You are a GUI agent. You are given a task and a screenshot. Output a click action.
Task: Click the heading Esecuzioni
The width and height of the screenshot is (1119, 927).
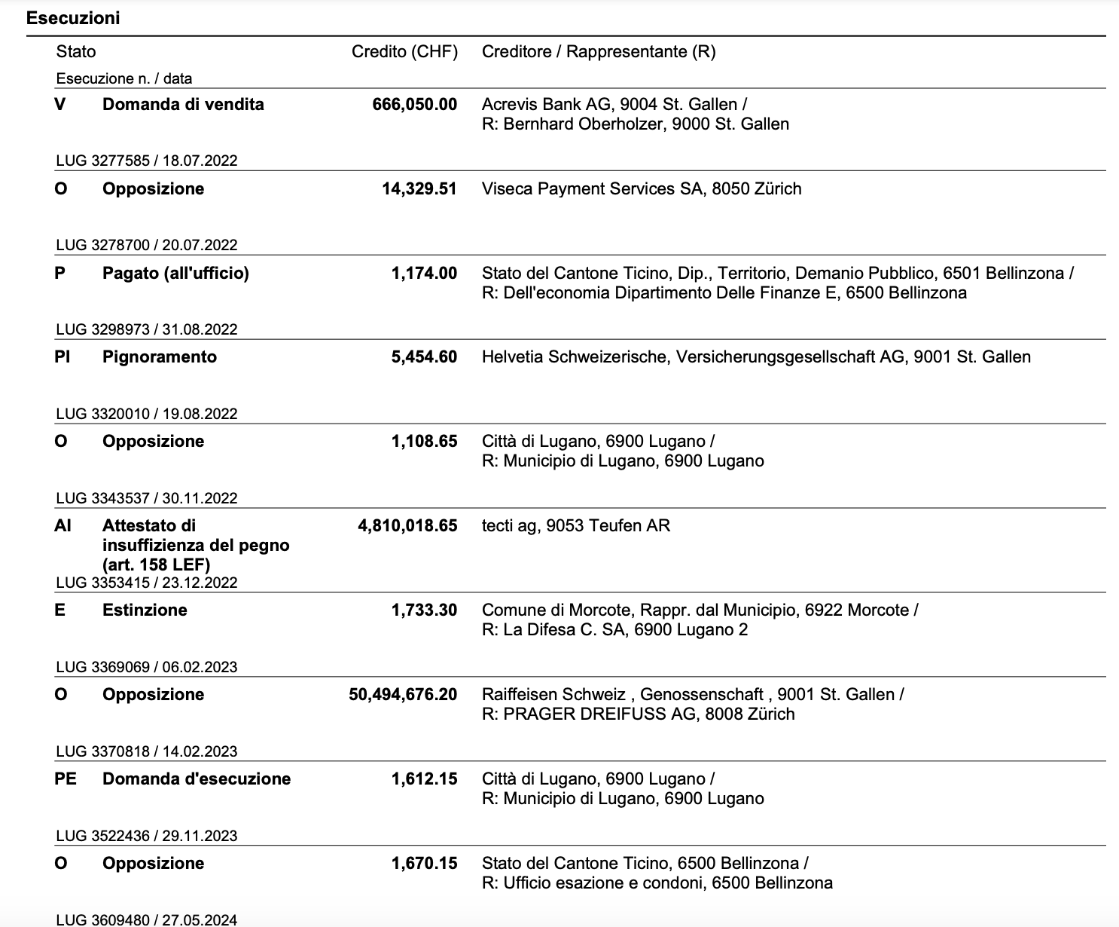(x=73, y=18)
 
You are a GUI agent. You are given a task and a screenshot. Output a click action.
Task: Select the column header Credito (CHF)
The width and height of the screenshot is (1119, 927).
(x=404, y=52)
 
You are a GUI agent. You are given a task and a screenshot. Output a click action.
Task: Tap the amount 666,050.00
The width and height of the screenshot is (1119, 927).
(x=414, y=105)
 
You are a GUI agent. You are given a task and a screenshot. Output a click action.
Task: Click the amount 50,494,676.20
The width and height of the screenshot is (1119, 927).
(x=403, y=695)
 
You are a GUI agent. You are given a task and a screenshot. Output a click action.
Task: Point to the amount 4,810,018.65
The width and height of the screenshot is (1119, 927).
(x=407, y=526)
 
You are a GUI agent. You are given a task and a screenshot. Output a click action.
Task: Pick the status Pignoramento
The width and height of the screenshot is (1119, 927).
(x=160, y=357)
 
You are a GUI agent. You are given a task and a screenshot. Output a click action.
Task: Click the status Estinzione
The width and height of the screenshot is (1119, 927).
(x=145, y=610)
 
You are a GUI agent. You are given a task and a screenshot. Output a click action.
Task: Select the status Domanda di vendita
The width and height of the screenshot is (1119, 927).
(x=183, y=105)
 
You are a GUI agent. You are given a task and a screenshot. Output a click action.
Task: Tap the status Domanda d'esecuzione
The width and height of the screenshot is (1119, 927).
(x=197, y=779)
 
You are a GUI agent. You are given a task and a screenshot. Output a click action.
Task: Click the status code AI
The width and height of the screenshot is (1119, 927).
(x=63, y=526)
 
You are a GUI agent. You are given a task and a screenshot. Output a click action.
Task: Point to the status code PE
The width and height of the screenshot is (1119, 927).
(x=66, y=779)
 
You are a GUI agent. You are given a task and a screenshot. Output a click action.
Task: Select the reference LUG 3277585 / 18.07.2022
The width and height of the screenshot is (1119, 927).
(x=147, y=161)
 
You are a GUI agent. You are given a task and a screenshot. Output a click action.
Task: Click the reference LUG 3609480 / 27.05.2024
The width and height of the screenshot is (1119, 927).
(x=147, y=919)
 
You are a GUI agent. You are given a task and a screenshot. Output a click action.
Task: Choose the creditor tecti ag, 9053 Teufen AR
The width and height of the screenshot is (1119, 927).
(x=576, y=526)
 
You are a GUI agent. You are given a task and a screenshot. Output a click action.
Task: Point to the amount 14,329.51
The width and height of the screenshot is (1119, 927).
(x=419, y=189)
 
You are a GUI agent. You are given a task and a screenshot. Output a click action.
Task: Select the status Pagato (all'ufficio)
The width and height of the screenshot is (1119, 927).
(x=175, y=274)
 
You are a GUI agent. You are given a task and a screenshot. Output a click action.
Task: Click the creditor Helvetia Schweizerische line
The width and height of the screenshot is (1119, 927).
(x=756, y=357)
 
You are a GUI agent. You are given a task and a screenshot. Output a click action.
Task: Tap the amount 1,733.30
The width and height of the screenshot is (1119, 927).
(x=424, y=610)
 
